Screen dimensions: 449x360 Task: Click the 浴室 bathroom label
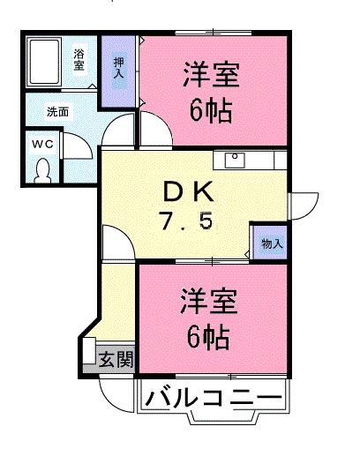click(79, 60)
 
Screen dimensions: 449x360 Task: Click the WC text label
click(42, 143)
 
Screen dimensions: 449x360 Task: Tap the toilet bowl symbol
click(42, 169)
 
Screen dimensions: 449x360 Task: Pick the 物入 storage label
click(271, 242)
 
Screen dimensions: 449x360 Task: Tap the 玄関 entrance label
click(116, 359)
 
